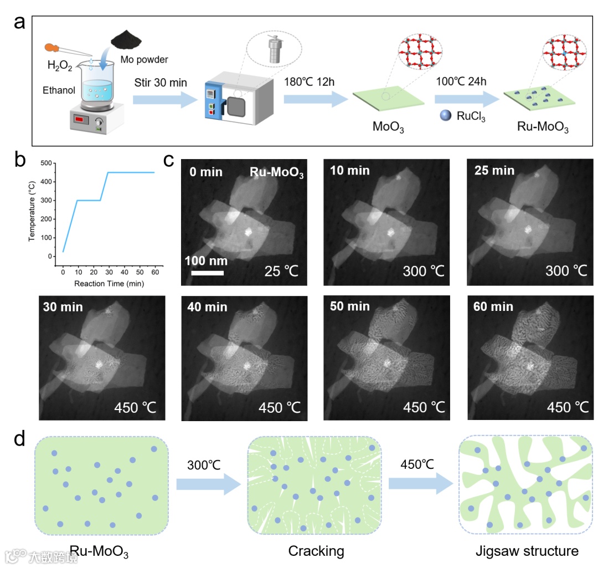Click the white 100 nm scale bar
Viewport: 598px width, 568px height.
click(208, 273)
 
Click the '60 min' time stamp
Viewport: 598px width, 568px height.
click(494, 307)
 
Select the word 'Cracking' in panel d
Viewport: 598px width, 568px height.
click(316, 551)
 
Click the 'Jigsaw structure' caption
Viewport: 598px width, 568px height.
click(527, 551)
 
